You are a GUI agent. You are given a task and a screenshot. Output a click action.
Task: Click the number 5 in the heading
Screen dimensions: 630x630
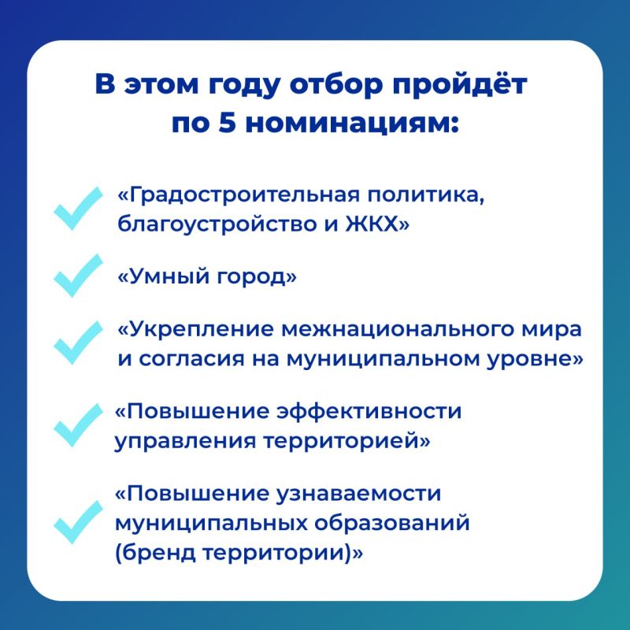click(x=227, y=124)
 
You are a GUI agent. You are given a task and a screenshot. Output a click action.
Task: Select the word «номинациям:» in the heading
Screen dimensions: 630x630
click(x=351, y=124)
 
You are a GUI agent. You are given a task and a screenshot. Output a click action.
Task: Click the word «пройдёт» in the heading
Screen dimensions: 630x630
click(x=460, y=85)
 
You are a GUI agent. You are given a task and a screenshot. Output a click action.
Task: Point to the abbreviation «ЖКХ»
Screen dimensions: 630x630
click(x=372, y=224)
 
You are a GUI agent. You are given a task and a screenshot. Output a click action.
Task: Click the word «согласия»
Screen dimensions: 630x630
click(x=192, y=359)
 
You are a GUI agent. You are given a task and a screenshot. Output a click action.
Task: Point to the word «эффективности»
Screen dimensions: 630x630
click(x=369, y=412)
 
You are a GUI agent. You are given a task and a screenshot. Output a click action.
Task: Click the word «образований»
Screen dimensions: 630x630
click(x=391, y=523)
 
